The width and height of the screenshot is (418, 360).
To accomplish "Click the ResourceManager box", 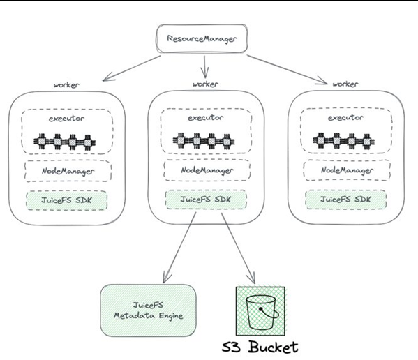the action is (x=202, y=39).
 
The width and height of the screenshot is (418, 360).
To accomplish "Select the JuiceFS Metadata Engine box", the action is (x=148, y=310).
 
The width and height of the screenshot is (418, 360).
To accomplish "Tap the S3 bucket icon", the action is (x=260, y=311).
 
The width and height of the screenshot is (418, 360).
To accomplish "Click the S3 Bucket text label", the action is (x=260, y=347).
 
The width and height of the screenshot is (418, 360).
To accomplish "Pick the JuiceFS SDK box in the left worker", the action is (x=67, y=200).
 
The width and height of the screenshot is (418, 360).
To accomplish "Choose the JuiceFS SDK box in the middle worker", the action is (x=206, y=200).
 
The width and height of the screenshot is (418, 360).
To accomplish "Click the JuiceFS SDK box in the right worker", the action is (x=345, y=200).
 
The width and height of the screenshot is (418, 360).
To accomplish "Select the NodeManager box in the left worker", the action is (x=68, y=171).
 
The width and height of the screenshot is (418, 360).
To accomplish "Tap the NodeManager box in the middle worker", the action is (x=207, y=170).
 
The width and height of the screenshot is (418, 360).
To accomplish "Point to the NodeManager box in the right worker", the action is (x=347, y=170).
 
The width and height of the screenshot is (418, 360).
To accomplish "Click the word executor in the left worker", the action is (x=66, y=119).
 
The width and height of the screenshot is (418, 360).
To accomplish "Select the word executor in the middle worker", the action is (x=206, y=118).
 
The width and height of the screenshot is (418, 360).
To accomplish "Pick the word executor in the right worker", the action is (x=345, y=118).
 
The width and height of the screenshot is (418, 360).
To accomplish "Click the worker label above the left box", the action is (x=66, y=85).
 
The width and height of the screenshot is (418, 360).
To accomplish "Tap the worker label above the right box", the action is (x=345, y=84).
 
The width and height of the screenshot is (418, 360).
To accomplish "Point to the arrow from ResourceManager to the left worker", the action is (x=132, y=68).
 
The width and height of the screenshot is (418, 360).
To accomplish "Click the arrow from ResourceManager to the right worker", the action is (x=287, y=70).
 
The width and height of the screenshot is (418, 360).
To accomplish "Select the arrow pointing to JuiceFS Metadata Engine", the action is (x=179, y=248).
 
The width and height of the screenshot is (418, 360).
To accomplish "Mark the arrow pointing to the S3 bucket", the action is (x=238, y=248).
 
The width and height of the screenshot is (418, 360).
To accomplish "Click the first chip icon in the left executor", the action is (x=42, y=141).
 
